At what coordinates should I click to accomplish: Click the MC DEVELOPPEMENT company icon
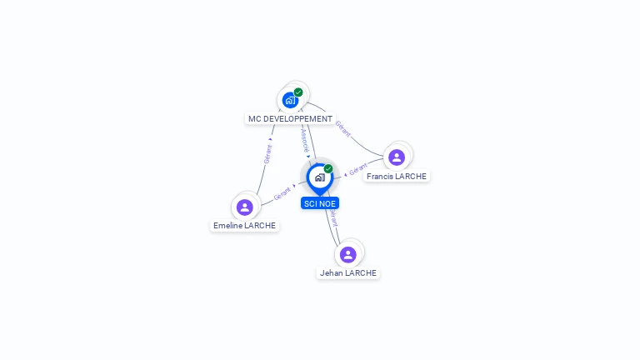click(290, 100)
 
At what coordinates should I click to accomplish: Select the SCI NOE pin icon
click(319, 177)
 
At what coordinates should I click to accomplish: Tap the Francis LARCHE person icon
click(397, 157)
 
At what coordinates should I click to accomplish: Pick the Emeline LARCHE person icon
click(244, 207)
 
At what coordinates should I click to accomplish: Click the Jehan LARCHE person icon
click(348, 254)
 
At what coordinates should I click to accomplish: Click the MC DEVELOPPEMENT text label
click(290, 119)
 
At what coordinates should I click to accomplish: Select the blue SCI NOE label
click(320, 203)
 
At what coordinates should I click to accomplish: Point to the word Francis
click(380, 177)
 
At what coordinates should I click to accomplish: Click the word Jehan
click(331, 273)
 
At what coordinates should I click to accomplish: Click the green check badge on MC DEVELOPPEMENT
click(298, 92)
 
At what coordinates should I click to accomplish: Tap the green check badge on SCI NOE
click(328, 169)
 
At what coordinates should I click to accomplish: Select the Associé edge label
click(304, 138)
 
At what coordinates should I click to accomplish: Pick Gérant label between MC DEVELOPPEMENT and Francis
click(342, 129)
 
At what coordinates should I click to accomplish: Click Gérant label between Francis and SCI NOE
click(358, 169)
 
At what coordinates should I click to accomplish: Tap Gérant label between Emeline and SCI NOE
click(282, 194)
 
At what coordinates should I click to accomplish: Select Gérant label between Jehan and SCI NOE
click(333, 217)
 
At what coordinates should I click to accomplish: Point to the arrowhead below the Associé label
click(308, 156)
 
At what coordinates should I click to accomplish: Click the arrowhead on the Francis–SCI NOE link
click(345, 175)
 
